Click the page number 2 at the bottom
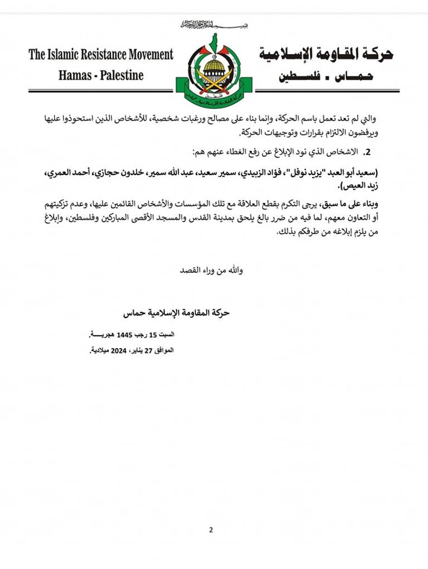tap(211, 529)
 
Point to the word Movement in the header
tap(144, 55)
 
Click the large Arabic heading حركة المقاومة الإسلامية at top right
tap(326, 54)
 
